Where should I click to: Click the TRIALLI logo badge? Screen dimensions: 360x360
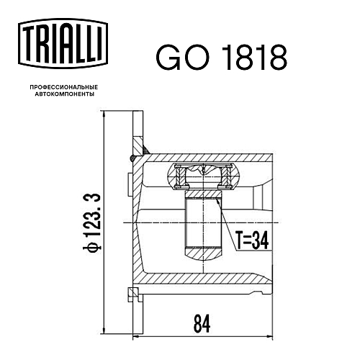coord(63,43)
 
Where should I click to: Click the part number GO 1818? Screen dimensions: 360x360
coord(221,58)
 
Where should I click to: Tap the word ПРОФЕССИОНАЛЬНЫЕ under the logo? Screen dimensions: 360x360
coord(64,87)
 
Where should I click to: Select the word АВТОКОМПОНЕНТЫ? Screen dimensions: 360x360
coord(65,94)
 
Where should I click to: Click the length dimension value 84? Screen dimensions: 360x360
coord(202,324)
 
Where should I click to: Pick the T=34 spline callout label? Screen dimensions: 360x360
coord(252,240)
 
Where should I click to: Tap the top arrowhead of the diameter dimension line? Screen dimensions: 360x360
coord(104,114)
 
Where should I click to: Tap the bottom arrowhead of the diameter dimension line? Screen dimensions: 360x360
coord(104,330)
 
